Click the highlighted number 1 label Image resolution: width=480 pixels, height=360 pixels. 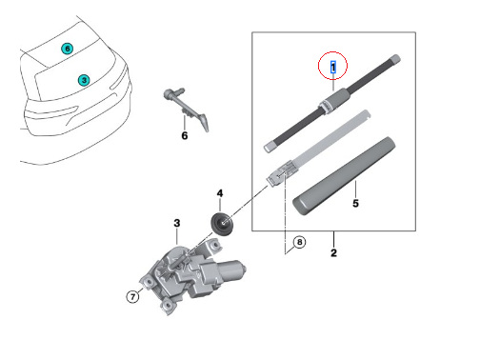click(x=333, y=67)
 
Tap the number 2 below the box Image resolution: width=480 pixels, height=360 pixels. click(x=333, y=252)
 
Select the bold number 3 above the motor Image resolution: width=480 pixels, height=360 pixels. click(x=177, y=223)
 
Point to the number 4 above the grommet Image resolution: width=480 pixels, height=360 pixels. click(x=220, y=193)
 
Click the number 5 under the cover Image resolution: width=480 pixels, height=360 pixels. click(x=355, y=203)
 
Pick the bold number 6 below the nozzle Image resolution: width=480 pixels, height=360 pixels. click(x=185, y=135)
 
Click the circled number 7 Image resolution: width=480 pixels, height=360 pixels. click(x=132, y=297)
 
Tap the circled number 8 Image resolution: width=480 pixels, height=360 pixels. click(x=299, y=242)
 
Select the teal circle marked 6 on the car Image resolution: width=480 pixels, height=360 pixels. click(x=68, y=49)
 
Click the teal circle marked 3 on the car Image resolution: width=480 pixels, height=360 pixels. click(x=84, y=80)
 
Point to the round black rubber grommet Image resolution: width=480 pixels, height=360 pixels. click(x=222, y=224)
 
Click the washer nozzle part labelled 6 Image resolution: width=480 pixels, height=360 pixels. click(x=187, y=108)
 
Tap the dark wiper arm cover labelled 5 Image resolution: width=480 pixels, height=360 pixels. click(x=344, y=176)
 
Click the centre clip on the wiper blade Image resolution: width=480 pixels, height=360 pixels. click(x=331, y=101)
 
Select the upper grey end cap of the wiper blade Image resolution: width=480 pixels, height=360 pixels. click(x=394, y=59)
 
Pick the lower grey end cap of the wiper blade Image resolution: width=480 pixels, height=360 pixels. click(x=270, y=147)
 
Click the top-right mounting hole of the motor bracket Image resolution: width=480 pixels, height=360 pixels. click(x=215, y=245)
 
